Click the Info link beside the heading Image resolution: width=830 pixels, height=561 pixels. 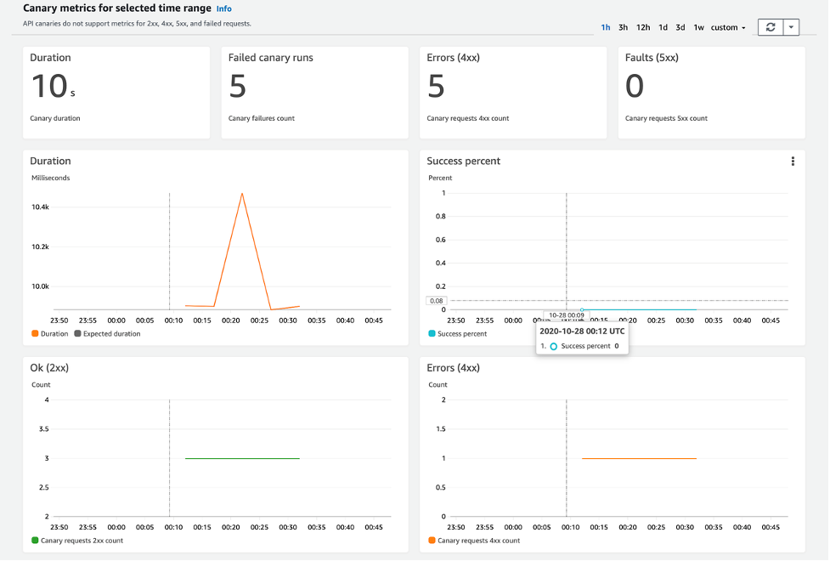[x=223, y=8]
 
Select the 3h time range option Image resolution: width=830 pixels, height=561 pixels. [x=623, y=27]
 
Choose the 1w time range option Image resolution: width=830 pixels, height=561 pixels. [x=698, y=27]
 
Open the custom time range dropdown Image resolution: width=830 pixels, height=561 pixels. [x=728, y=27]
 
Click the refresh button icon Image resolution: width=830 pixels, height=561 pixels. [x=770, y=27]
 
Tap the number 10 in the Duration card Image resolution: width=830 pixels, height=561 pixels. [x=48, y=87]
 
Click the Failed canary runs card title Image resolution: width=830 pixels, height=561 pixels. [x=270, y=58]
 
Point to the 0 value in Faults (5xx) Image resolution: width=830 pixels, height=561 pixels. [x=635, y=87]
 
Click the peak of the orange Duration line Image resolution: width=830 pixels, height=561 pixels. [x=242, y=194]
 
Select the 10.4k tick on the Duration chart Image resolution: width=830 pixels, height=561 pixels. [x=41, y=207]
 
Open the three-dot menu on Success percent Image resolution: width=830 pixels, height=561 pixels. [x=793, y=161]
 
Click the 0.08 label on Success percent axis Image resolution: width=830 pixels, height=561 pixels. [x=437, y=300]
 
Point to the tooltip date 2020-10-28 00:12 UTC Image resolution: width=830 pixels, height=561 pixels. [x=582, y=331]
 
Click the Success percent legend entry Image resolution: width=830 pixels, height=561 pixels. [x=461, y=334]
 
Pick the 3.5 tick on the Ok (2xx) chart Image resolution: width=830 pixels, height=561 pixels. [x=43, y=429]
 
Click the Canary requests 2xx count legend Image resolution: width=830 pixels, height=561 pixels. [x=82, y=541]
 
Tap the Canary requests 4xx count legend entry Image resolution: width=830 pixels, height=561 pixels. [x=478, y=541]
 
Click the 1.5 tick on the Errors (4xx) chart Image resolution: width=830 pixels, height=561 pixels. [x=439, y=429]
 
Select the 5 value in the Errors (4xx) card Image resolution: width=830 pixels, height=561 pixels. [x=436, y=87]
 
